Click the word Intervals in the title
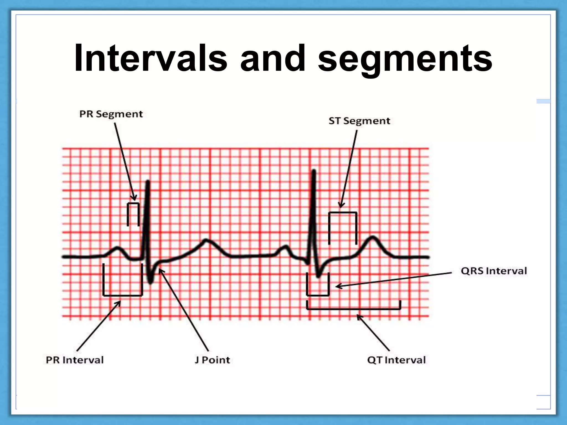151,59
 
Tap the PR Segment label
111,114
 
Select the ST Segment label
359,121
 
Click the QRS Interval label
494,271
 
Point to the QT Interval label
396,360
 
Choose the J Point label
212,360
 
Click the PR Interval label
75,360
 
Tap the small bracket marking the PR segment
133,204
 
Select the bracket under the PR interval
122,295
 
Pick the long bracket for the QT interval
354,309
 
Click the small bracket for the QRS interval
318,295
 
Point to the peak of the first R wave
148,182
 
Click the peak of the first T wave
206,240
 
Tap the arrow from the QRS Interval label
393,279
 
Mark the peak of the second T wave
373,237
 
